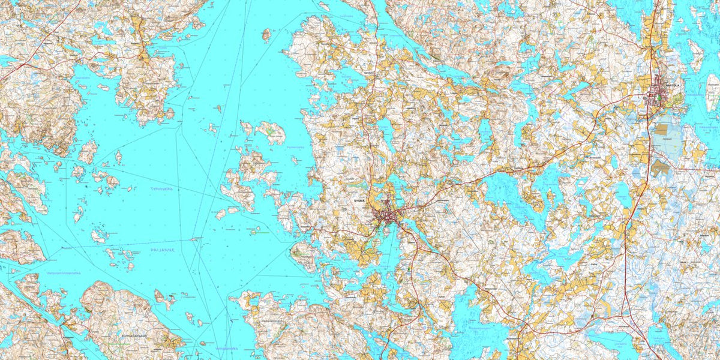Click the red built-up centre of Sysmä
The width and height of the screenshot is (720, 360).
[x=386, y=215]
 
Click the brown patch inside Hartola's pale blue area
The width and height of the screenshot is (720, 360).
[x=663, y=128]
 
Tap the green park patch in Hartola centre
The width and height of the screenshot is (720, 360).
[x=658, y=97]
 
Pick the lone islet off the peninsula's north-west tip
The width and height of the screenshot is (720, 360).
[x=266, y=35]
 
